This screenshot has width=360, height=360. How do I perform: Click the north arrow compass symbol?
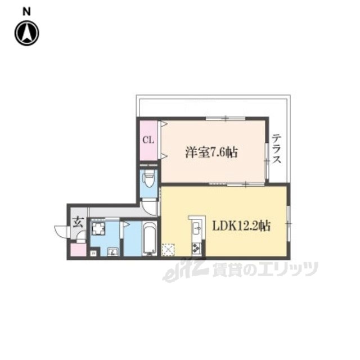(x=27, y=33)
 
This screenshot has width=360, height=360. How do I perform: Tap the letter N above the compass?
(x=26, y=12)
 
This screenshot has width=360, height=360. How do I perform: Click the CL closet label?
(x=148, y=139)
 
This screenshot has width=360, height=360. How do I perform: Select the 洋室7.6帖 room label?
(x=211, y=152)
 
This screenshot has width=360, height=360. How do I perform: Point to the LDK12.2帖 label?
(x=241, y=226)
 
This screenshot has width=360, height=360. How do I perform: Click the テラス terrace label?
(x=276, y=148)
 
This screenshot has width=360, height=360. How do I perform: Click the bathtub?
(x=150, y=238)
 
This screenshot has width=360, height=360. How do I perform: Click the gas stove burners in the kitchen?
(x=196, y=247)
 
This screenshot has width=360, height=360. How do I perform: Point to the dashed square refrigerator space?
(x=168, y=249)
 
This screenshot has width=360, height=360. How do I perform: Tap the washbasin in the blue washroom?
(x=112, y=252)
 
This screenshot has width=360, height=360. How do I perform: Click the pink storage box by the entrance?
(x=78, y=250)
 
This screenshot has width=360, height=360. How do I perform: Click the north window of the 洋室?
(x=226, y=119)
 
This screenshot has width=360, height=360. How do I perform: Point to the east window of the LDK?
(x=289, y=223)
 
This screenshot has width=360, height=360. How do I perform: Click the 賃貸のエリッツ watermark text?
(x=265, y=269)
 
